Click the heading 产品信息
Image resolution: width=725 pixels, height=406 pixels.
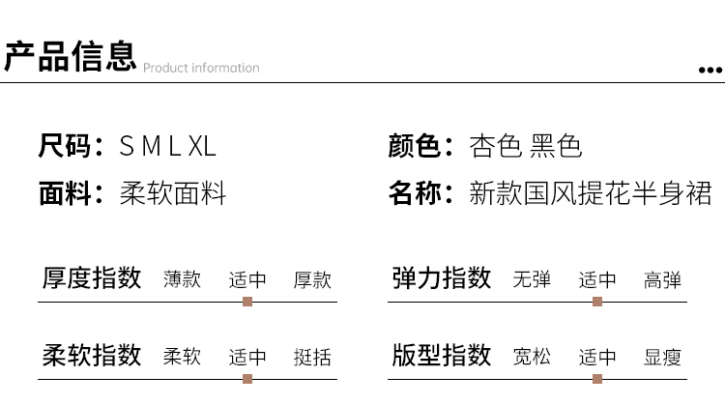coord(71,56)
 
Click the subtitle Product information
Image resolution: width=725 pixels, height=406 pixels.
coord(201,68)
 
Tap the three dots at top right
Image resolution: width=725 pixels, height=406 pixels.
coord(710,71)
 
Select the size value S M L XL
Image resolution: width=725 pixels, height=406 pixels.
coord(167,146)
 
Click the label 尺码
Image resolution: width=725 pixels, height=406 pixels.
coord(65,146)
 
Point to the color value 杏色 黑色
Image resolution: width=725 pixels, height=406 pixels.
coord(525,146)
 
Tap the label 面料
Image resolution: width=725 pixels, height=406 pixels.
coord(65,192)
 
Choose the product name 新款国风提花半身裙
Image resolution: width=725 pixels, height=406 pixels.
coord(591,192)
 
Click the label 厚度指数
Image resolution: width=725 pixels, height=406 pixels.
coord(92,277)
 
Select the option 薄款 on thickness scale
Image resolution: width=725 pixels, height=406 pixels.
coord(182,279)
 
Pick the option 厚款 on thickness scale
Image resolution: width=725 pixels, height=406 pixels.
coord(312,279)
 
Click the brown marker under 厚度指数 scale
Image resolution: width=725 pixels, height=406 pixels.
coord(247,302)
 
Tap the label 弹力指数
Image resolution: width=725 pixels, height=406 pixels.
coord(442,277)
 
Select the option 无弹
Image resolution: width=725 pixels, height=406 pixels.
coord(533,279)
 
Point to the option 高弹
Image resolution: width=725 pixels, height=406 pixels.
coord(662,279)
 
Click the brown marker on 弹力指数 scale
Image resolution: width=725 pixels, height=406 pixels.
coord(597,302)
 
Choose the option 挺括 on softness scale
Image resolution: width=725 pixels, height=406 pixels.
coord(312,357)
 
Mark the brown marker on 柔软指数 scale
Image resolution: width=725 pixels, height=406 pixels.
coord(247,379)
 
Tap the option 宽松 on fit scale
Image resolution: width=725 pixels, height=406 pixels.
coord(533,357)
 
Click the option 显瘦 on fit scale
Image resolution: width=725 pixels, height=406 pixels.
coord(662,357)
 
